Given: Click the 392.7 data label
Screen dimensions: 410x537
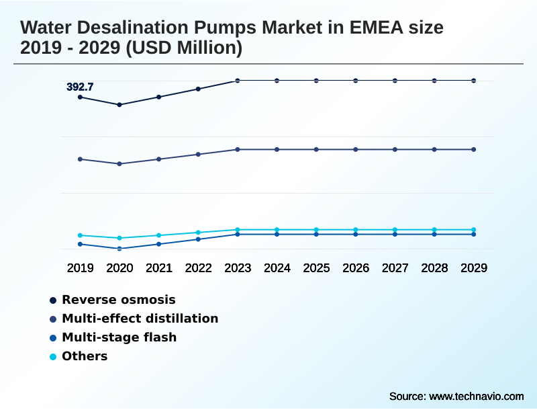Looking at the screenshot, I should click(80, 87).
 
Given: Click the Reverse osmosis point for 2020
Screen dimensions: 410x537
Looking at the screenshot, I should click(119, 105).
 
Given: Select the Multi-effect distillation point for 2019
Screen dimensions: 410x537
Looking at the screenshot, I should click(80, 159).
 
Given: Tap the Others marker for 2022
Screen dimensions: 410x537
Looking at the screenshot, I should click(198, 233).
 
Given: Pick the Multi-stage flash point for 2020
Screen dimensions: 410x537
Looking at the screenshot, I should click(119, 249).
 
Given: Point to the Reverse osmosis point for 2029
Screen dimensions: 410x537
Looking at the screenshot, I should click(473, 81).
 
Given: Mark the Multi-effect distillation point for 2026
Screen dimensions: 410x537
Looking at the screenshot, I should click(356, 149).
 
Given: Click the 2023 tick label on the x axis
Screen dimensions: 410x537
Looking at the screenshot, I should click(238, 268).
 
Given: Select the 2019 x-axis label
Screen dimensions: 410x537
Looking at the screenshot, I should click(80, 268).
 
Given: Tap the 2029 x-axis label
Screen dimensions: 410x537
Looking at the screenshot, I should click(473, 268).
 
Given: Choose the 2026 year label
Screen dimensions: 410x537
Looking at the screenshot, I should click(356, 268).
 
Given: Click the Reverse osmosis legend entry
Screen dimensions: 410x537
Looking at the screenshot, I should click(118, 300).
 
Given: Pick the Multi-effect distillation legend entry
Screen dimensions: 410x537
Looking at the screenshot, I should click(140, 319).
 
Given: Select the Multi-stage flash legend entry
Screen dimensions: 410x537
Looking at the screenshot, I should click(119, 337).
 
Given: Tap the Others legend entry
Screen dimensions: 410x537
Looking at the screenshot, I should click(85, 356).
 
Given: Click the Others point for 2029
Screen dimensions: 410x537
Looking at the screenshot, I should click(473, 230).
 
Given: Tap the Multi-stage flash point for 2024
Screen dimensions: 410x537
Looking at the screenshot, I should click(277, 234).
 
